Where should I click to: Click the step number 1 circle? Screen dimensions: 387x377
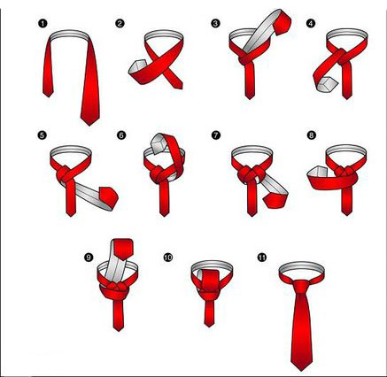click(x=43, y=24)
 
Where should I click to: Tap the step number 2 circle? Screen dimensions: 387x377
click(x=120, y=24)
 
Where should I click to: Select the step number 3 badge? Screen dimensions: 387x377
click(x=215, y=24)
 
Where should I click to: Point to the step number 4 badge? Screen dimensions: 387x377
click(x=311, y=24)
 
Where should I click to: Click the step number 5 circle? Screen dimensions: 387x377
click(x=42, y=135)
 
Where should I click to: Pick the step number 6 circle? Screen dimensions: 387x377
click(x=121, y=135)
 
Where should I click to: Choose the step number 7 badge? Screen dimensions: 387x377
click(x=216, y=135)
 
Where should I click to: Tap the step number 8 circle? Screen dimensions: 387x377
click(x=311, y=135)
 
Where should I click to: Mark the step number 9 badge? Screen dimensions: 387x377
click(x=89, y=258)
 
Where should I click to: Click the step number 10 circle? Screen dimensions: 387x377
click(x=168, y=258)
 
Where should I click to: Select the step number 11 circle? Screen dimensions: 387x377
click(x=261, y=258)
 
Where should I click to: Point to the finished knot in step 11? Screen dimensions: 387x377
click(x=302, y=287)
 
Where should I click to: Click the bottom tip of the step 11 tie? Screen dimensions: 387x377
click(x=301, y=371)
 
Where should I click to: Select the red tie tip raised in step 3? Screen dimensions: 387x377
click(x=283, y=21)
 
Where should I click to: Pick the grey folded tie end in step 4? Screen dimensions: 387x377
click(x=327, y=84)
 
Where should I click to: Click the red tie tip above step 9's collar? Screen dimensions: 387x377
click(x=123, y=249)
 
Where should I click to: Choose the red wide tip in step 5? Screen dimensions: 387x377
click(x=109, y=196)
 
